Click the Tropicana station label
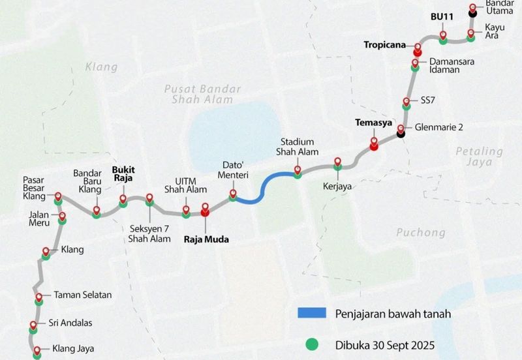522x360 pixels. click(384, 44)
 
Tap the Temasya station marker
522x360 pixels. click(374, 143)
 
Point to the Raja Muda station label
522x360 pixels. click(209, 239)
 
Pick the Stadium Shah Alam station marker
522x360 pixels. click(298, 172)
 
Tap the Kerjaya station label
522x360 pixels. click(337, 186)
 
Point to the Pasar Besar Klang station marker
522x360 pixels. click(58, 196)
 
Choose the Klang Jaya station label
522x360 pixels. click(69, 349)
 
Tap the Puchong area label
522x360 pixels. click(420, 232)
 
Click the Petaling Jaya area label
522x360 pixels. click(479, 157)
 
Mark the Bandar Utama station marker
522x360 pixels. click(472, 11)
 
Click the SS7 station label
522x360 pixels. click(428, 101)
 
